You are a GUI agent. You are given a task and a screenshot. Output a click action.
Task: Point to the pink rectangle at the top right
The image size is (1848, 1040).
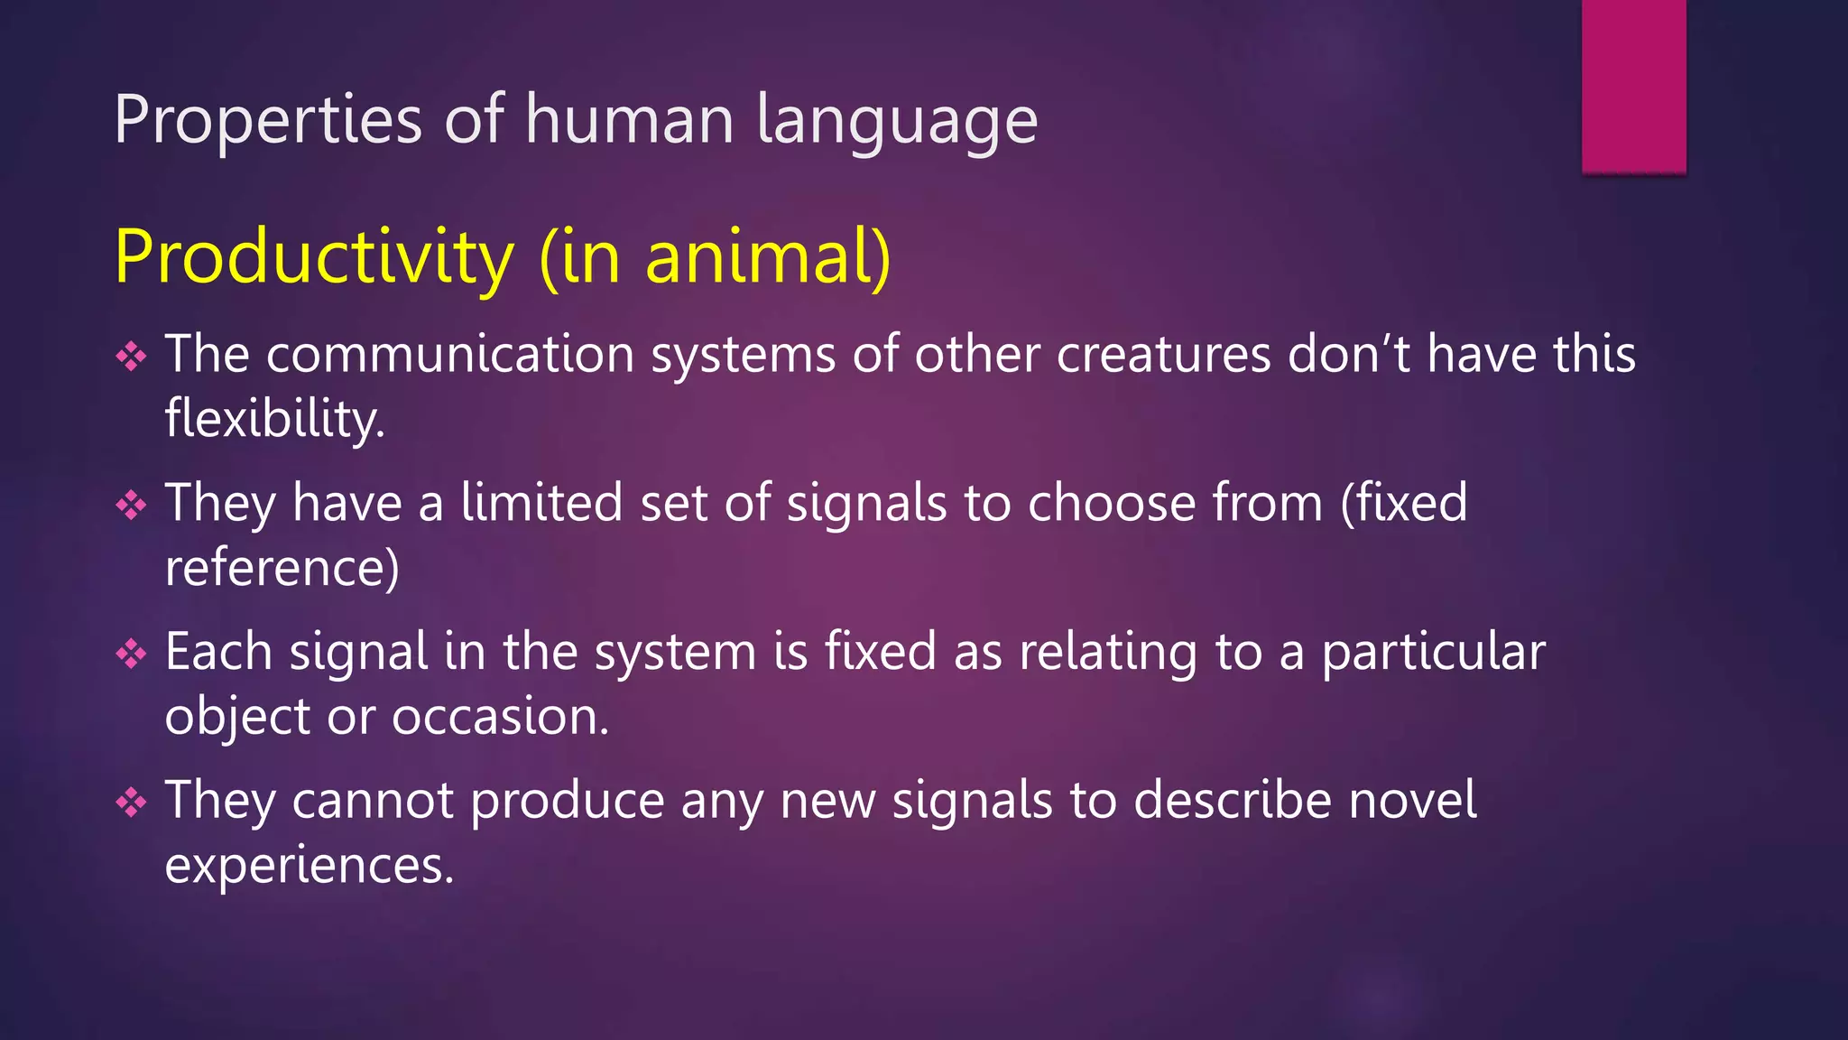1633,86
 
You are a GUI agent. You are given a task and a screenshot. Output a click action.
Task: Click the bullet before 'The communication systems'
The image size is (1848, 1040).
132,357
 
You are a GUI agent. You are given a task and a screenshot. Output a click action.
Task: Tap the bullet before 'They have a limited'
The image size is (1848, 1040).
132,506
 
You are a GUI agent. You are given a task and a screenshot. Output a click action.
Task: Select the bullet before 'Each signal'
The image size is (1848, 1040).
132,655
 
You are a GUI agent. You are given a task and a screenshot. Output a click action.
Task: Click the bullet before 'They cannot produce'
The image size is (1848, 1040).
132,803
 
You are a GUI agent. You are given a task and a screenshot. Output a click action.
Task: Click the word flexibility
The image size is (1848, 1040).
274,420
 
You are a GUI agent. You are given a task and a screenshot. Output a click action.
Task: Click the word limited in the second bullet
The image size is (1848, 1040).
541,502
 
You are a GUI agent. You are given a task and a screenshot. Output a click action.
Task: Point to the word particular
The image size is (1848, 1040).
1433,652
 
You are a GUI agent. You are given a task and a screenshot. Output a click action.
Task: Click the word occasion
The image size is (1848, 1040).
500,717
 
